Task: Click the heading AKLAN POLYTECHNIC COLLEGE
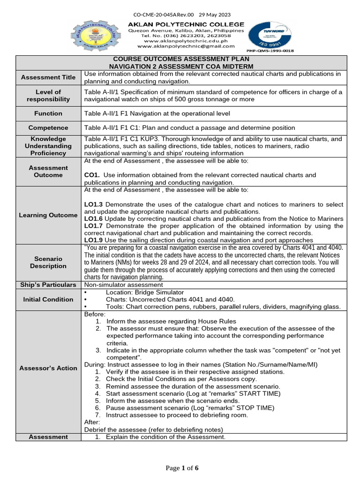tap(186, 24)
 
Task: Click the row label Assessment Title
tap(48, 77)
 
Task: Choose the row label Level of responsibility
tap(48, 95)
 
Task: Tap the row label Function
tap(48, 113)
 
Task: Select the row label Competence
tap(48, 127)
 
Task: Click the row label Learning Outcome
tap(48, 215)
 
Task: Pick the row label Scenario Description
tap(48, 262)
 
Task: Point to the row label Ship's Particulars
tap(48, 285)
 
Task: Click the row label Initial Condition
tap(48, 299)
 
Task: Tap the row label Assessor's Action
tap(48, 368)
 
